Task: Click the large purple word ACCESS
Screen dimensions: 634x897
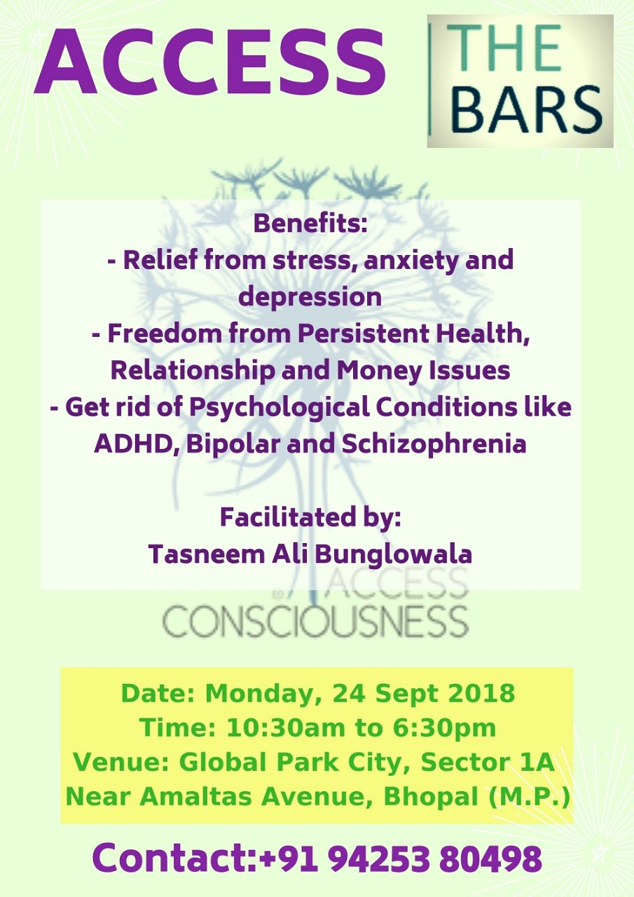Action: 209,62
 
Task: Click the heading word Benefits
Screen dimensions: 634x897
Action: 310,224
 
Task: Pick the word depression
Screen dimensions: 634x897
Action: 310,298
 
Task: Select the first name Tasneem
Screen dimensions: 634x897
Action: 207,555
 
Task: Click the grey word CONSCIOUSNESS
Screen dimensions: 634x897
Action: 315,622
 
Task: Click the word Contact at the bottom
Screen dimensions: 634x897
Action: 174,858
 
